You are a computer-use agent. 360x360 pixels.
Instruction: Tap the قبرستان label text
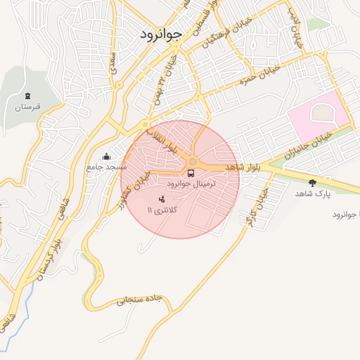[x=29, y=108]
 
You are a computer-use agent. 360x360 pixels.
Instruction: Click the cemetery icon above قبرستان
[x=27, y=96]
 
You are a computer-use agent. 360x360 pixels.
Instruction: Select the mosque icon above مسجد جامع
[x=106, y=156]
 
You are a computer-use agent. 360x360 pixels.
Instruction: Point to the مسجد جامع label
[x=107, y=167]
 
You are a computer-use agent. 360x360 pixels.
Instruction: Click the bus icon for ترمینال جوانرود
[x=191, y=172]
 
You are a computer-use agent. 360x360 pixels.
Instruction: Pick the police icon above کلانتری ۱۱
[x=163, y=200]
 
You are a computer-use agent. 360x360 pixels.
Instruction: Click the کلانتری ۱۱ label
[x=163, y=210]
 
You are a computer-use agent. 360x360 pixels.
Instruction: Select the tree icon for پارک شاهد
[x=312, y=183]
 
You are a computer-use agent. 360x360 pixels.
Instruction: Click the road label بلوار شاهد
[x=243, y=167]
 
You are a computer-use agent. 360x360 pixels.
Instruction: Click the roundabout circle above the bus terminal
[x=192, y=162]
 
